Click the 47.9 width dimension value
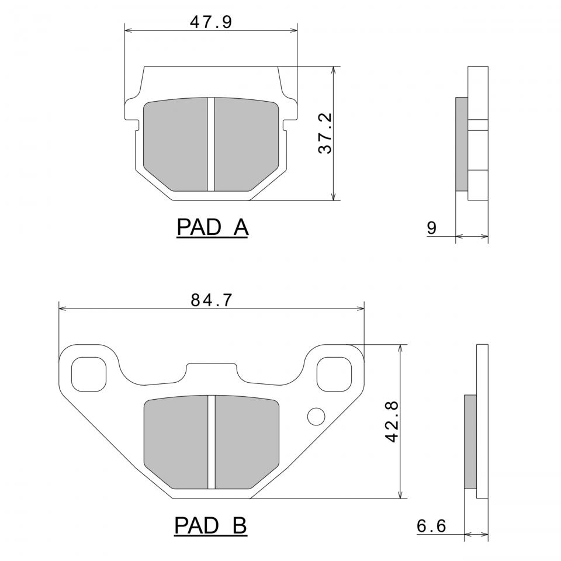pos(211,22)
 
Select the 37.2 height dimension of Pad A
pos(325,133)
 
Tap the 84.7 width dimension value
pos(212,300)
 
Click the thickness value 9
pos(432,228)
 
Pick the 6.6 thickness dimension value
pos(431,526)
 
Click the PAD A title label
pos(213,227)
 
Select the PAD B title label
pos(210,525)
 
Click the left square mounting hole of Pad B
pos(89,374)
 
